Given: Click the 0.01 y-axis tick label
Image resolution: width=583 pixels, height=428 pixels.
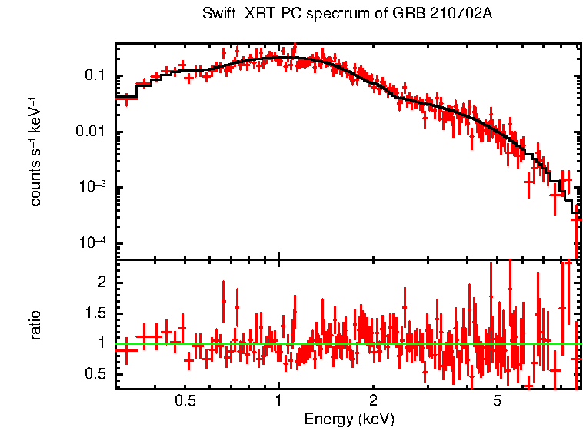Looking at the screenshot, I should point(92,132).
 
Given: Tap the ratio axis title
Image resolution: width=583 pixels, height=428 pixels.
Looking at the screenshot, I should point(35,325).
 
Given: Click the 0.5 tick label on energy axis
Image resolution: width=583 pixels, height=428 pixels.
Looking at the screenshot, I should point(185,400).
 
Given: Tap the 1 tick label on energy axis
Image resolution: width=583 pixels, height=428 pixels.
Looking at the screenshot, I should point(278,400).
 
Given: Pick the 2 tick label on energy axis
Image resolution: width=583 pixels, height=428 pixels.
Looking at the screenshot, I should point(372,400).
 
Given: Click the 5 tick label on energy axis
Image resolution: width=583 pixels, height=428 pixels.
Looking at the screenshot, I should point(497,400).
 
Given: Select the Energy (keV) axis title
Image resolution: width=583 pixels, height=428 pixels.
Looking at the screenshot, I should point(349,419).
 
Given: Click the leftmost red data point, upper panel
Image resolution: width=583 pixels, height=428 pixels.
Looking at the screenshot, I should point(126,98).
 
